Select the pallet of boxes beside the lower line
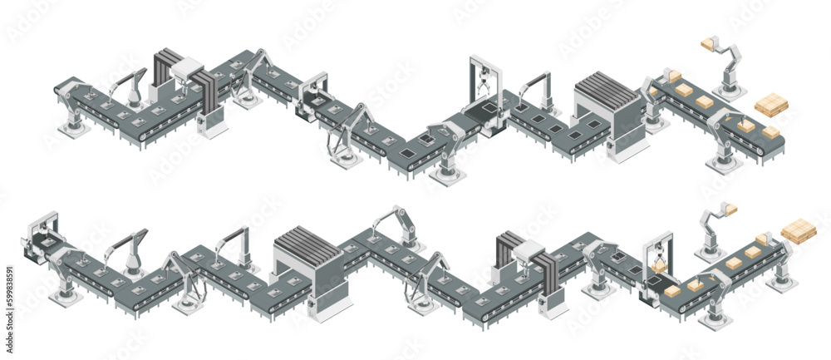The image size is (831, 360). (x=799, y=230)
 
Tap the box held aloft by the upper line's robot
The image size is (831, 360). (x=711, y=43)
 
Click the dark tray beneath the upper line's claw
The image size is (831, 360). (x=482, y=108)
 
